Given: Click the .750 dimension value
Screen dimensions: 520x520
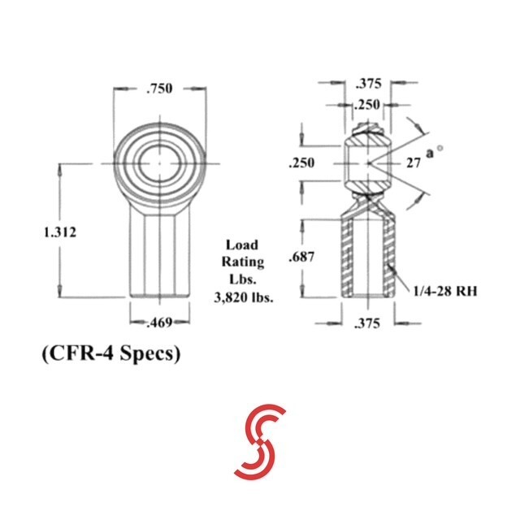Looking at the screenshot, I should pyautogui.click(x=158, y=89).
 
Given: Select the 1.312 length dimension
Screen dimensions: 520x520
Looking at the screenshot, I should pyautogui.click(x=59, y=232).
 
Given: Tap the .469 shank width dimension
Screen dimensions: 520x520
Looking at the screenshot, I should pyautogui.click(x=159, y=323).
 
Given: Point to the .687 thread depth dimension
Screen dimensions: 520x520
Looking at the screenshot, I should pyautogui.click(x=302, y=258).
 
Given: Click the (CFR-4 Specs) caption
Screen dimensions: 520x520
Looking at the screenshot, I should pyautogui.click(x=108, y=356).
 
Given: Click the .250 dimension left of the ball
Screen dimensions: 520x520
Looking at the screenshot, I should pyautogui.click(x=302, y=163).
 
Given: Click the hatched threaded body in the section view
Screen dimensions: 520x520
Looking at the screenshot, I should pyautogui.click(x=347, y=256).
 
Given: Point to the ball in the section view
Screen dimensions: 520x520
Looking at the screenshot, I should pyautogui.click(x=367, y=163).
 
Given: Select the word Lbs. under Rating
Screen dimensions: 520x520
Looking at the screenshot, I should pyautogui.click(x=243, y=279).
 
